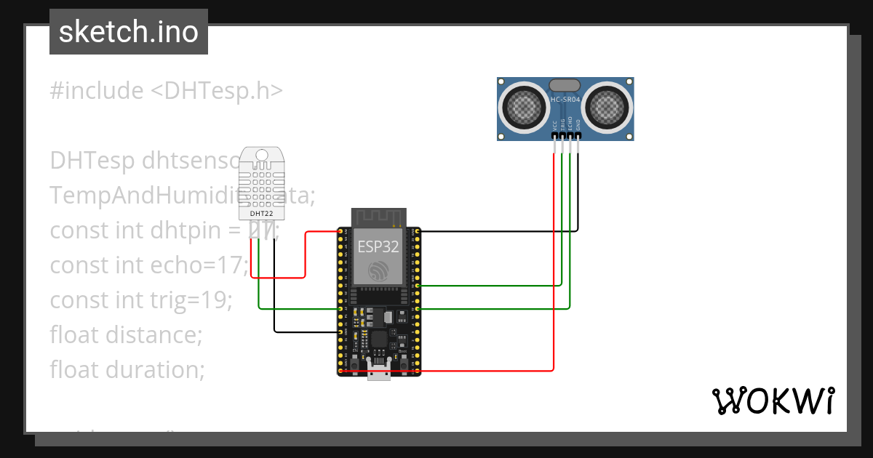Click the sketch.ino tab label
pyautogui.click(x=129, y=32)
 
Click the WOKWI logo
pyautogui.click(x=772, y=401)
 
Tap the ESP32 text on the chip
pyautogui.click(x=378, y=246)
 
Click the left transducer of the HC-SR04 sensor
pyautogui.click(x=523, y=107)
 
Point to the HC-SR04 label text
pyautogui.click(x=565, y=100)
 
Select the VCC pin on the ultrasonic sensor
pyautogui.click(x=555, y=135)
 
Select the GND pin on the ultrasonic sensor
pyautogui.click(x=579, y=135)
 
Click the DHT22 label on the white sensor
pyautogui.click(x=261, y=214)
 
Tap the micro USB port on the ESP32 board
pyautogui.click(x=378, y=373)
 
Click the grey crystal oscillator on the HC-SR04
pyautogui.click(x=565, y=86)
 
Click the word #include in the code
pyautogui.click(x=97, y=91)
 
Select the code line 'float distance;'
pyautogui.click(x=125, y=335)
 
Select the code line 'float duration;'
pyautogui.click(x=127, y=370)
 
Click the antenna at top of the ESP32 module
pyautogui.click(x=378, y=217)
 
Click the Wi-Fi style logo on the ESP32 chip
pyautogui.click(x=378, y=270)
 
